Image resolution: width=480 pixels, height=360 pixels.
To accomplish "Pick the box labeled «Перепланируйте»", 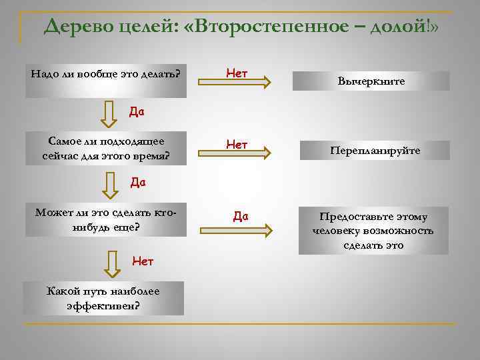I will click(x=375, y=151).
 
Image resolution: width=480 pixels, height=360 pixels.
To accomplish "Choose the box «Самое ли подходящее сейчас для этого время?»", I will click(x=107, y=149).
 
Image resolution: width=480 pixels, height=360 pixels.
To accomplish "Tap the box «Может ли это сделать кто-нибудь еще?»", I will click(x=107, y=219).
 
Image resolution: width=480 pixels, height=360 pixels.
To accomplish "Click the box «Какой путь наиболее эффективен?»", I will click(x=103, y=298).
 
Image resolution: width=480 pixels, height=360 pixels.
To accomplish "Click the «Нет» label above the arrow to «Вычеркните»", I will click(x=237, y=69).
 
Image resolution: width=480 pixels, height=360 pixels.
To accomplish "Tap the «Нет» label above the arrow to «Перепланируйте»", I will click(x=237, y=143).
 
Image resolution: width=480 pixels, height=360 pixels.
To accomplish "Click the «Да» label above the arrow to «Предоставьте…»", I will click(x=241, y=215).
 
